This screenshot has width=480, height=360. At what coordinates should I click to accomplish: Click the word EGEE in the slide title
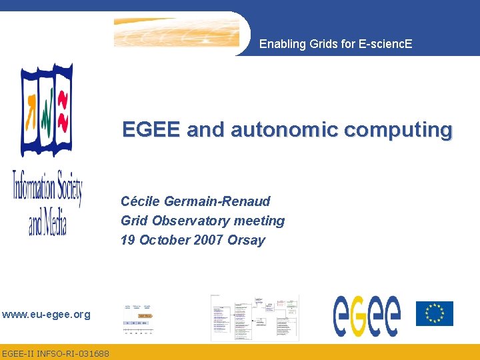[x=151, y=129]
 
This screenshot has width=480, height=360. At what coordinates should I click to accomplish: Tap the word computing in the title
[x=410, y=129]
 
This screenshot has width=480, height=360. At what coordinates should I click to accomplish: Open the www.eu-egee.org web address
[x=45, y=314]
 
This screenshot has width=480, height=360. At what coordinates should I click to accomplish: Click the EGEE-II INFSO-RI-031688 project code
[x=55, y=353]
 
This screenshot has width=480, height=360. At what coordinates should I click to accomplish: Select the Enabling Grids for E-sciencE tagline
[x=335, y=44]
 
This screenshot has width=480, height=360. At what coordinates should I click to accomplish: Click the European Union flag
[x=434, y=313]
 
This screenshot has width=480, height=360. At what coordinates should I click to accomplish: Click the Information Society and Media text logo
[x=47, y=201]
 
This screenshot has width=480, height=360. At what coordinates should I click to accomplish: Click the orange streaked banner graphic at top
[x=176, y=32]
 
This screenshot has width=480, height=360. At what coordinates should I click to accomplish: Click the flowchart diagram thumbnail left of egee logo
[x=254, y=317]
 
